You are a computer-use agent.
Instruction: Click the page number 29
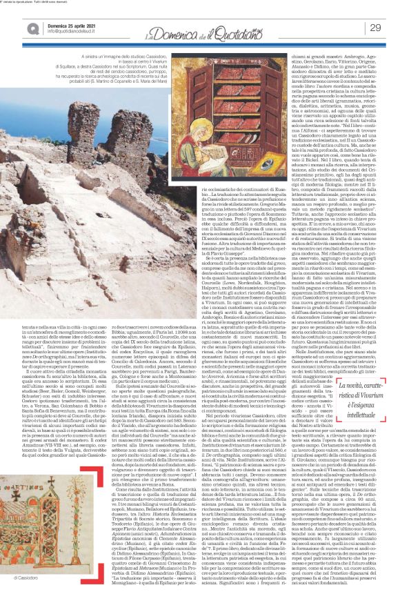(375, 28)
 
